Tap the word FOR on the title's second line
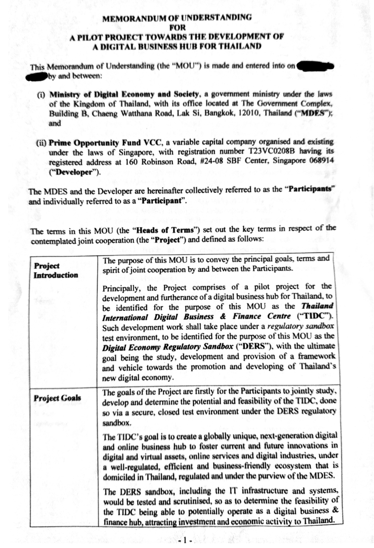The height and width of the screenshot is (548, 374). point(177,27)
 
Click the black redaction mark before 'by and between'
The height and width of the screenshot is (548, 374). point(36,77)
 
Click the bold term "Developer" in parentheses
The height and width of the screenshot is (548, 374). point(74,172)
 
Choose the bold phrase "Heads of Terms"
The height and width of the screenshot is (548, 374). point(163,230)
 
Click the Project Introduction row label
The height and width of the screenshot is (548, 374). point(55,270)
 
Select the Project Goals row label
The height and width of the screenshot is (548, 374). point(57,398)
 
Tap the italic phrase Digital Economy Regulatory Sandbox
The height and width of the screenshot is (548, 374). point(167,347)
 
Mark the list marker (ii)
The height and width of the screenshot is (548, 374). point(42,143)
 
